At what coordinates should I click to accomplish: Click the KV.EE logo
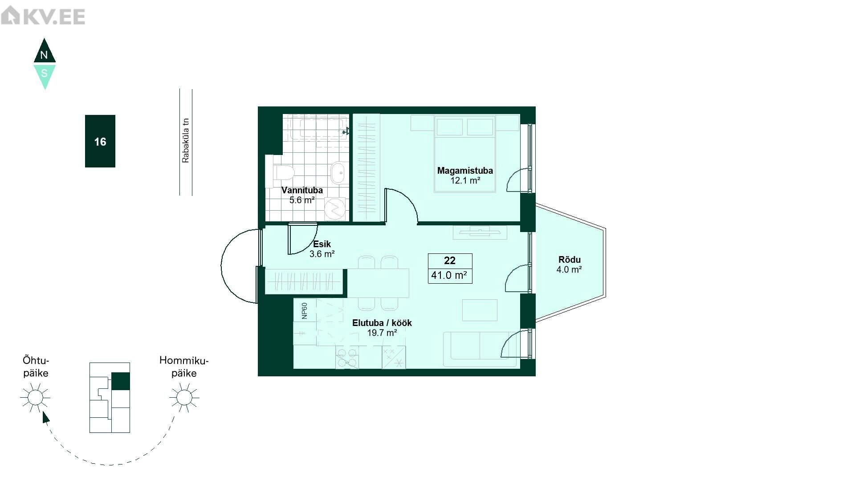point(43,16)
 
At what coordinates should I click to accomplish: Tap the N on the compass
point(44,56)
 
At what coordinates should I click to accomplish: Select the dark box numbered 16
point(100,141)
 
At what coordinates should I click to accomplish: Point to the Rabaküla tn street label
point(186,140)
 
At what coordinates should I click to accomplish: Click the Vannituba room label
point(302,190)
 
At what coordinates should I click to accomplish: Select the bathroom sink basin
point(339,172)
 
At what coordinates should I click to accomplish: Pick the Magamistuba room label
point(465,171)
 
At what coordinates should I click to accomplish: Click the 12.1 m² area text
point(465,181)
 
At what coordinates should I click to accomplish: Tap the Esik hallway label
point(322,244)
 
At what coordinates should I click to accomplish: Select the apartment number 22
point(450,261)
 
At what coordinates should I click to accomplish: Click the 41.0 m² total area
point(449,275)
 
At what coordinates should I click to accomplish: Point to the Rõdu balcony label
point(570,260)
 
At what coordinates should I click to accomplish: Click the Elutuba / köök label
point(382,323)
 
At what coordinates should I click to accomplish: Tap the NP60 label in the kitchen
point(305,311)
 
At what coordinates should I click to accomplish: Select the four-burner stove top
point(347,358)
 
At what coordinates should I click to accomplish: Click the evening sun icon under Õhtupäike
point(35,397)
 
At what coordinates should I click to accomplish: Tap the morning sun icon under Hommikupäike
point(184,397)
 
